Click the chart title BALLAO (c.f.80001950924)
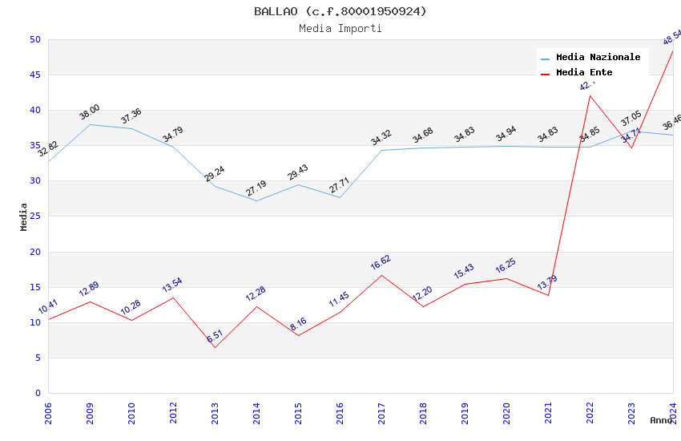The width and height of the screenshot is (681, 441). [x=340, y=11]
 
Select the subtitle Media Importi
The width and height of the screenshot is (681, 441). [x=340, y=29]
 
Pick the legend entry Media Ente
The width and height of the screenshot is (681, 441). [x=584, y=73]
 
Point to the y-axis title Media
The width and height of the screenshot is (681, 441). [x=24, y=216]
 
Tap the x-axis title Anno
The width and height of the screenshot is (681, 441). [x=661, y=420]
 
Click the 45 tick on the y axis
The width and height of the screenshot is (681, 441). [x=34, y=75]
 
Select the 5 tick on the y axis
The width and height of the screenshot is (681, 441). [x=37, y=358]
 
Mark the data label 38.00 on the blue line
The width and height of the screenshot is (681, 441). [x=90, y=112]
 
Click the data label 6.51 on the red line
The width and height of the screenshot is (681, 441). [x=215, y=338]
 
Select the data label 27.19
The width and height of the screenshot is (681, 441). [x=256, y=188]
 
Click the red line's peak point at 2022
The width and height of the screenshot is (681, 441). [x=590, y=95]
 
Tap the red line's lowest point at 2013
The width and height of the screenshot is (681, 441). [x=215, y=347]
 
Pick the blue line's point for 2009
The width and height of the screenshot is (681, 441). [x=90, y=124]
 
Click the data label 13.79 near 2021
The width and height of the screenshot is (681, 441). [x=547, y=283]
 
